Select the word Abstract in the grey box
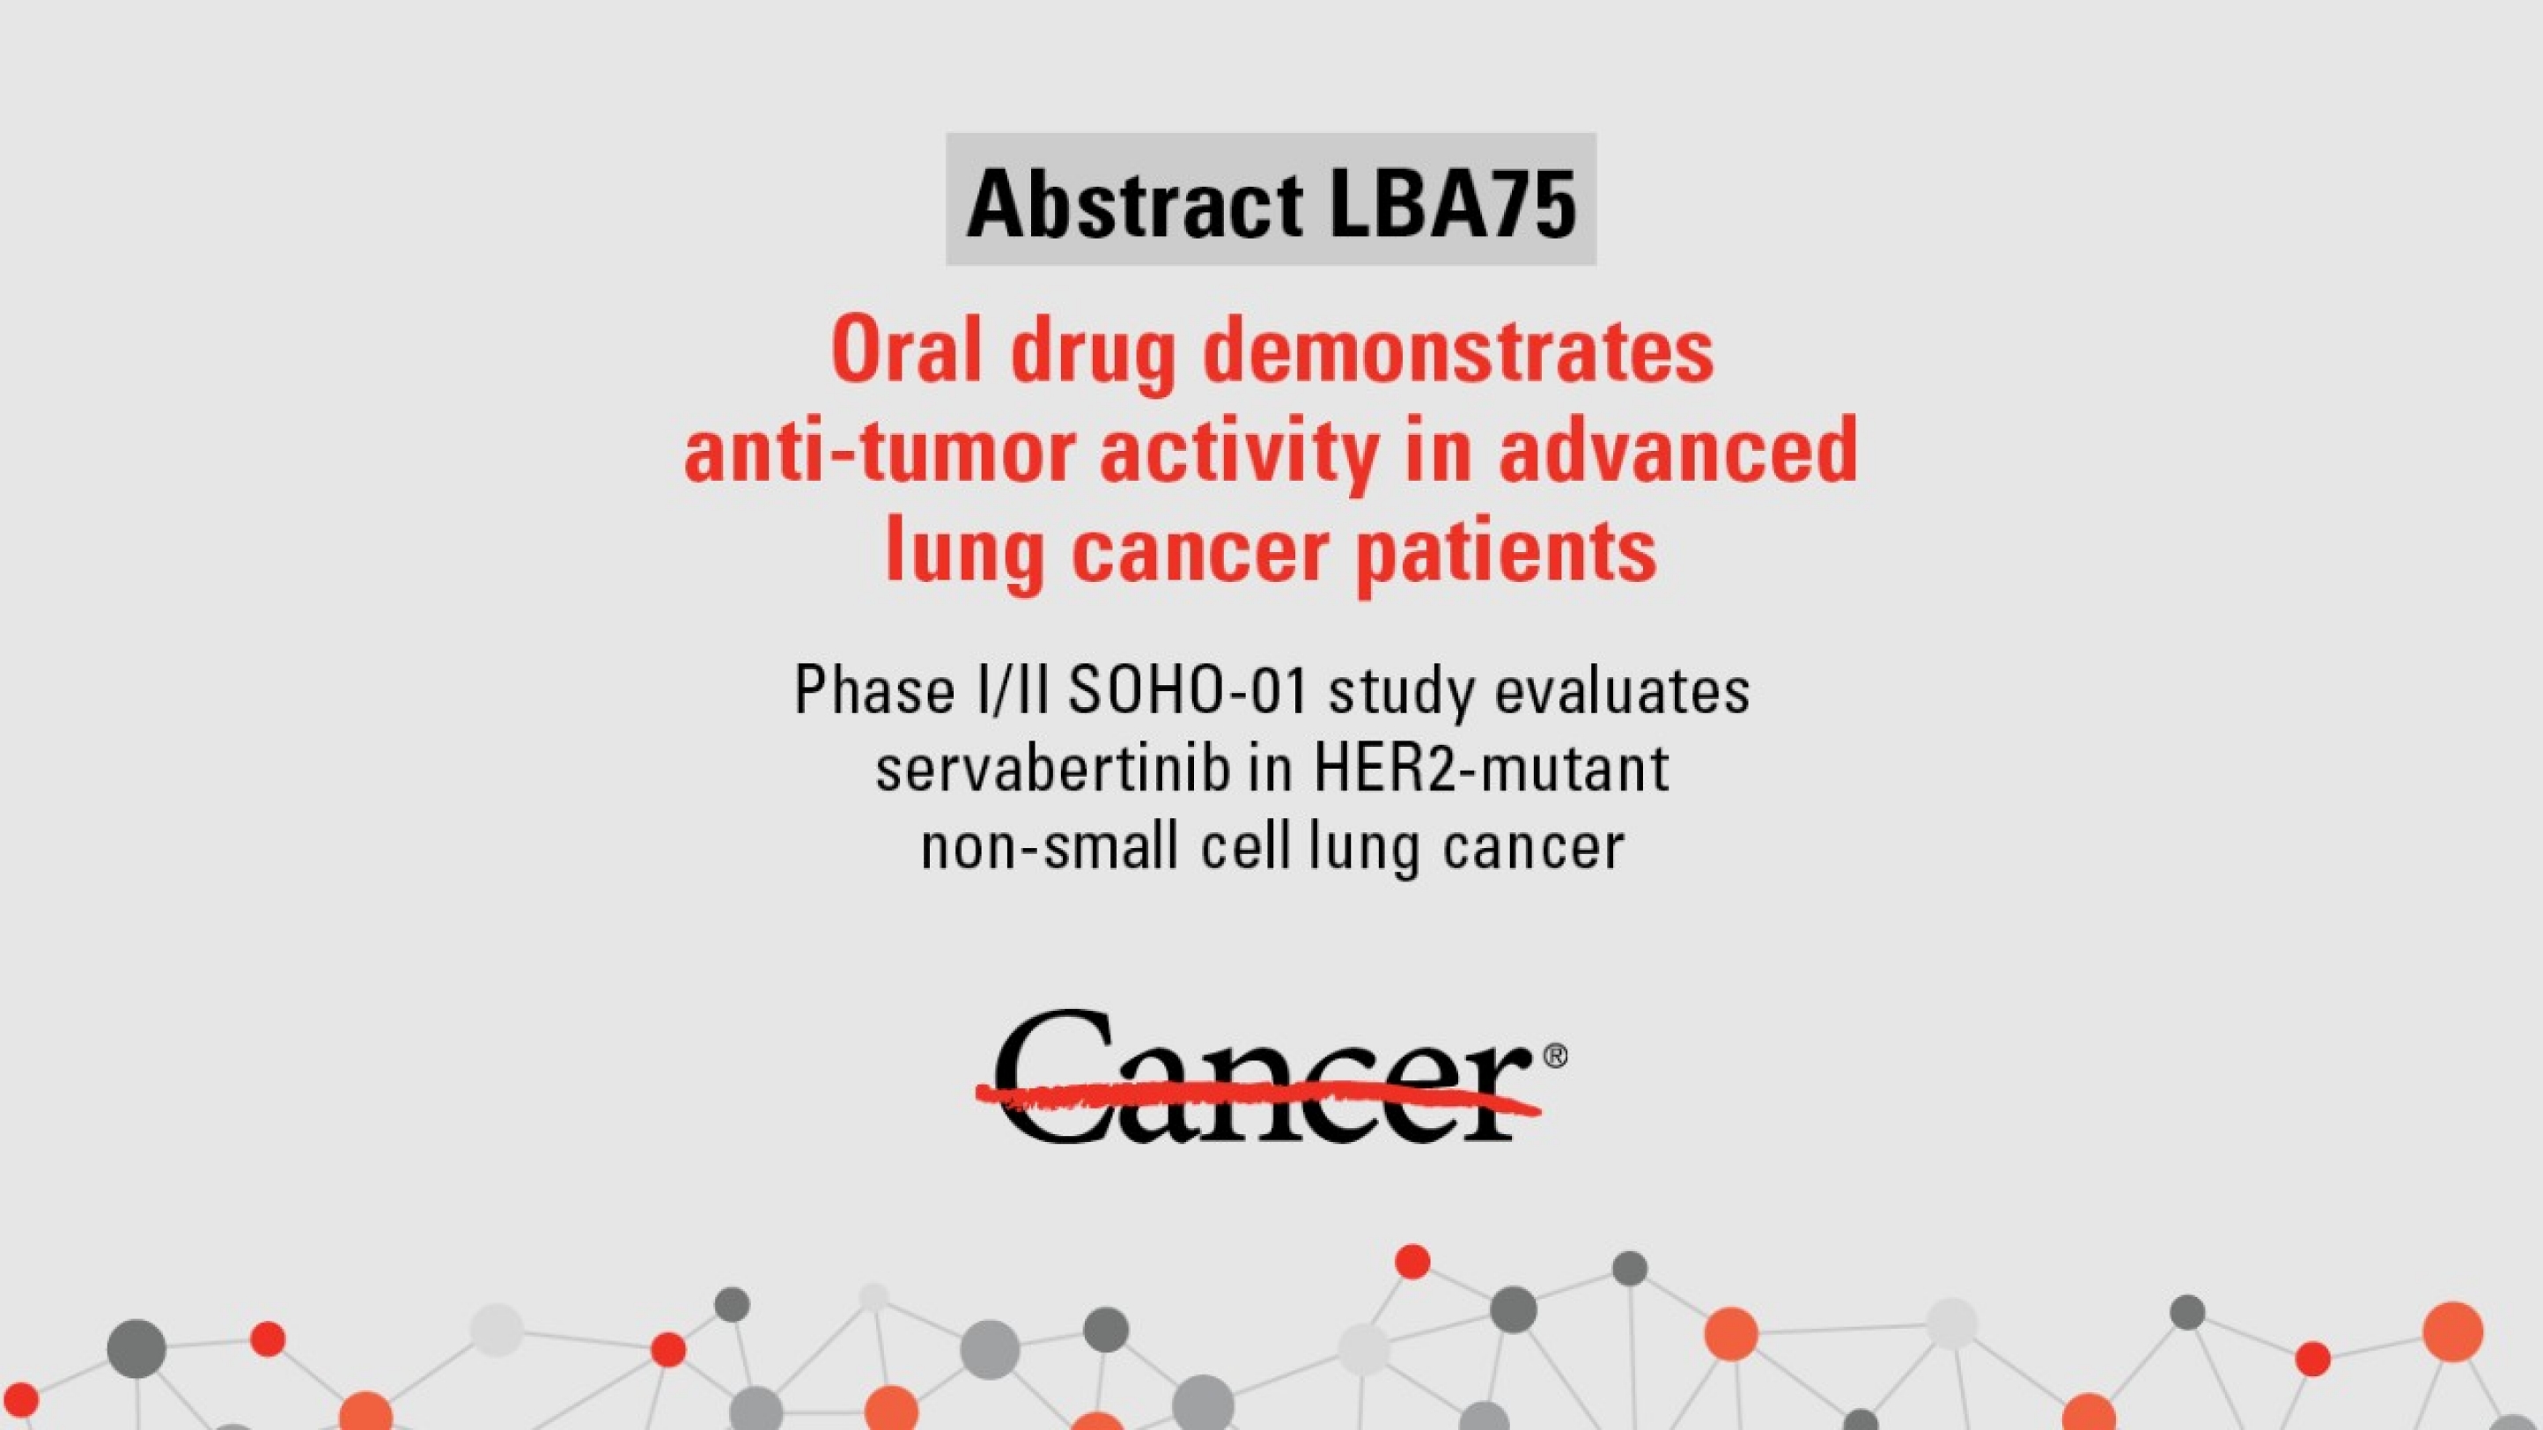point(1134,203)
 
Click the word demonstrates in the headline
point(1457,352)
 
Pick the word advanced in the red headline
point(1677,450)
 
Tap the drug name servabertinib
point(1051,769)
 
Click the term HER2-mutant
point(1491,769)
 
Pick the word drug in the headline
point(1093,352)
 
